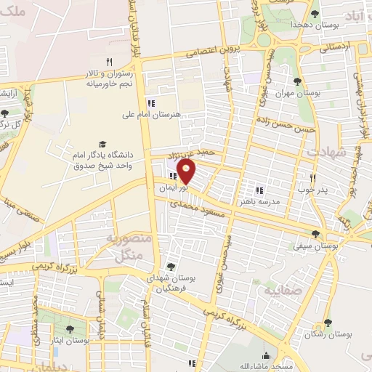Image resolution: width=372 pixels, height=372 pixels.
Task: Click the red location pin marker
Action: coord(187,171)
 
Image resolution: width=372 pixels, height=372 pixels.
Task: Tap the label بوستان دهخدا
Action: coord(291,25)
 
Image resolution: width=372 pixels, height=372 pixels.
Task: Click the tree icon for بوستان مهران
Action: coord(297,81)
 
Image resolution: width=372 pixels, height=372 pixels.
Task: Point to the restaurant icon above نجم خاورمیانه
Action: coord(109,62)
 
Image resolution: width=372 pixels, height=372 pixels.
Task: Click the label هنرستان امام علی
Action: coord(152,114)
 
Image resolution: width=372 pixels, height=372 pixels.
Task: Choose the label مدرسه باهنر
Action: coord(259,202)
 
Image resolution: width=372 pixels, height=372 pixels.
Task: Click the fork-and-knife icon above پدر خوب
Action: coord(314,177)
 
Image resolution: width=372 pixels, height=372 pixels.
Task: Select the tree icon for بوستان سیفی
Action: coord(315,234)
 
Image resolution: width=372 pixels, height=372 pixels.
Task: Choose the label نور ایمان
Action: coord(174,187)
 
